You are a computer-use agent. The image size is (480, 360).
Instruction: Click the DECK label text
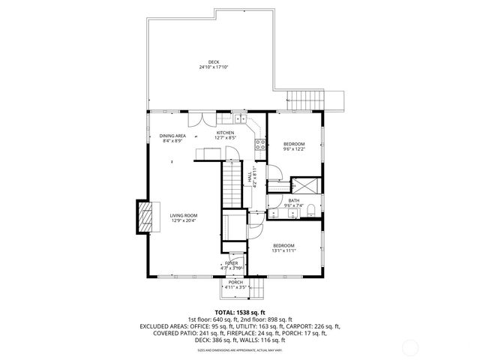pyautogui.click(x=214, y=61)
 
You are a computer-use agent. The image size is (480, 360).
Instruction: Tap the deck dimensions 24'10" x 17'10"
pyautogui.click(x=214, y=67)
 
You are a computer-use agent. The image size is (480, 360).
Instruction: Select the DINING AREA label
pyautogui.click(x=172, y=136)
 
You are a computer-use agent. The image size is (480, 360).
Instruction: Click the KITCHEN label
pyautogui.click(x=226, y=133)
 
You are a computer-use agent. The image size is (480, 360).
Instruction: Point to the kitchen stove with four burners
pyautogui.click(x=260, y=143)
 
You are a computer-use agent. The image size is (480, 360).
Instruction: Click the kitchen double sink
pyautogui.click(x=238, y=118)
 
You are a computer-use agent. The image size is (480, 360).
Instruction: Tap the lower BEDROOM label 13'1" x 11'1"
pyautogui.click(x=283, y=245)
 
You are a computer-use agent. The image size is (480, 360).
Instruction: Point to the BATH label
pyautogui.click(x=294, y=200)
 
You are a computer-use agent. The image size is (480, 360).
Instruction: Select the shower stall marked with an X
pyautogui.click(x=294, y=183)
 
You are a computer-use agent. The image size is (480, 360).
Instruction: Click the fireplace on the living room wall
pyautogui.click(x=142, y=217)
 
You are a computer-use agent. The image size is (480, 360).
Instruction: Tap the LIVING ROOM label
pyautogui.click(x=183, y=216)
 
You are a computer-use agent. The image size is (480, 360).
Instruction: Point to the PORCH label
pyautogui.click(x=235, y=283)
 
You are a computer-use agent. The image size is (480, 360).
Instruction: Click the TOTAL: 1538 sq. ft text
pyautogui.click(x=239, y=311)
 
